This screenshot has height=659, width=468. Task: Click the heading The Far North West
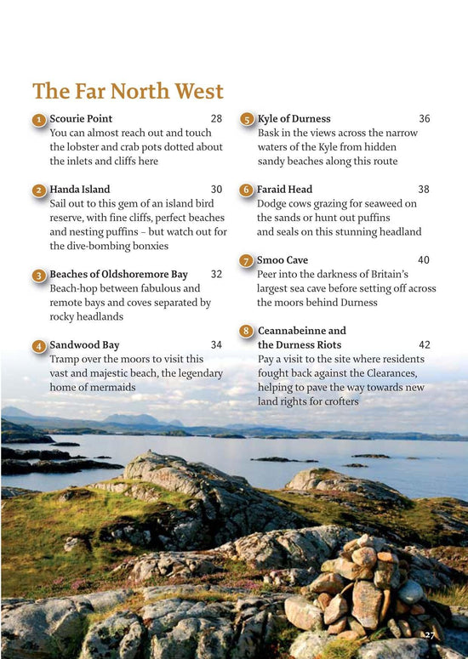coord(128,91)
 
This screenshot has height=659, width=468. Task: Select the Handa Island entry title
coord(80,190)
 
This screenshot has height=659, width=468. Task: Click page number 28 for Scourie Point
coord(216,119)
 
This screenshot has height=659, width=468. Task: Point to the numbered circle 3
coord(39,276)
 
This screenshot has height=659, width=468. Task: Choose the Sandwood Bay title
coord(84,345)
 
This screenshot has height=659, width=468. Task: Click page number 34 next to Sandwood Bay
coord(216,345)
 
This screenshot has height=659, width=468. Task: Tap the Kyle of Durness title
coord(294,119)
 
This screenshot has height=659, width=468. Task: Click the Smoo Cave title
coord(283,260)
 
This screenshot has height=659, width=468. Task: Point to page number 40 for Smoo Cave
coord(424,260)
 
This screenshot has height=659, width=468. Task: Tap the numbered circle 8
coord(246,331)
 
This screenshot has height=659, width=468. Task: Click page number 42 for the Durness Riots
coord(424,345)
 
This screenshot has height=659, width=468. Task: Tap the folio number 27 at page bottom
coord(430,635)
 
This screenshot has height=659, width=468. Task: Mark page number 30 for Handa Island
coord(216,190)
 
